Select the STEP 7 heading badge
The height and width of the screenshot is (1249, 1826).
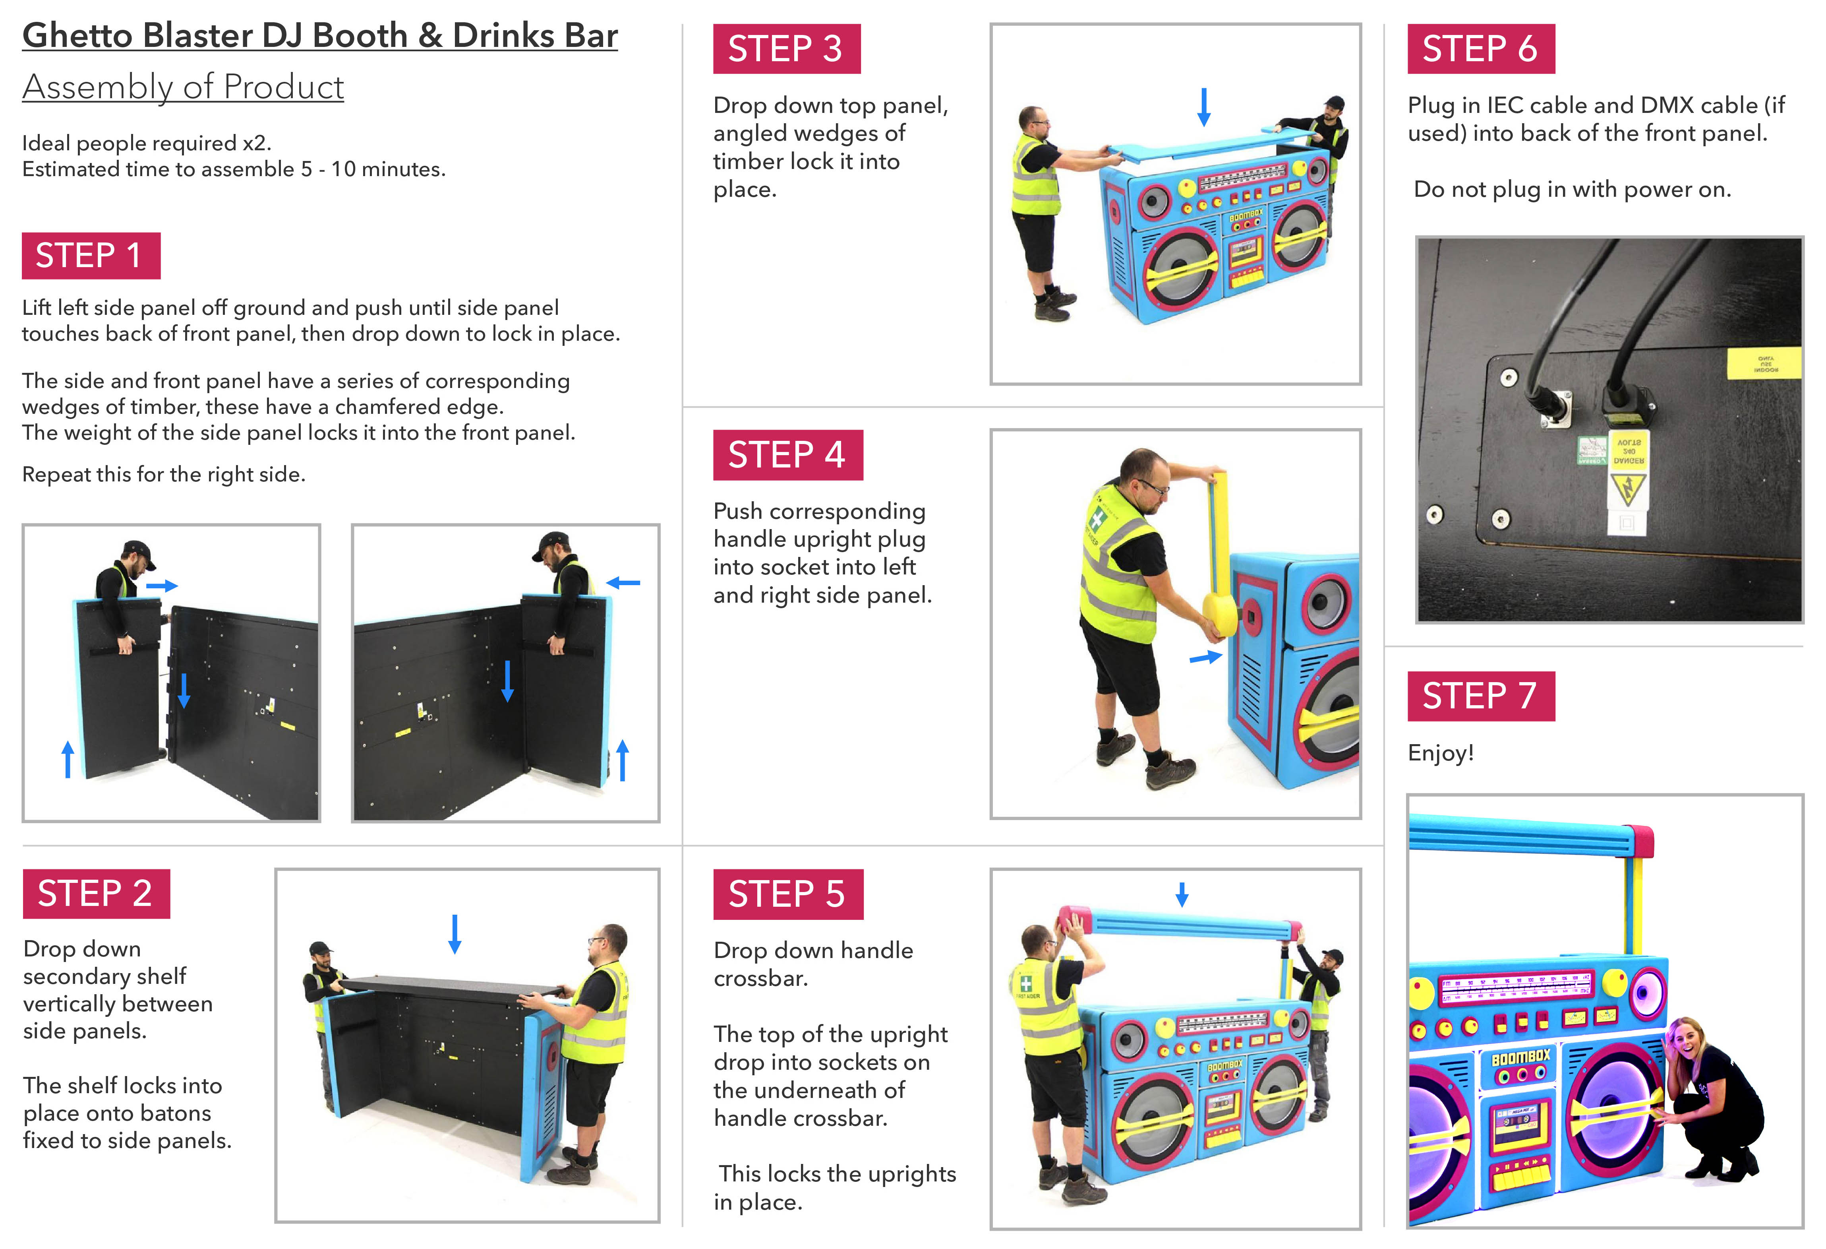(x=1480, y=696)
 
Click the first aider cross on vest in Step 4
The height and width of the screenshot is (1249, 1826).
(x=1095, y=520)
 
